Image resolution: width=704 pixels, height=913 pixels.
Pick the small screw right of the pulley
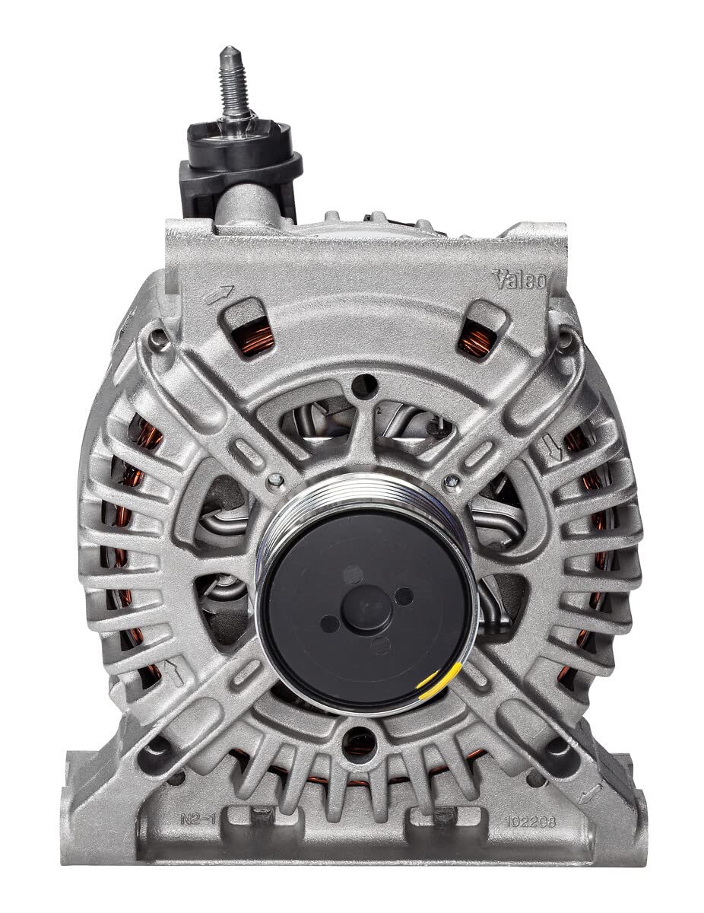[452, 481]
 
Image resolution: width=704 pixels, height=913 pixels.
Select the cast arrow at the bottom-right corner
[587, 795]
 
